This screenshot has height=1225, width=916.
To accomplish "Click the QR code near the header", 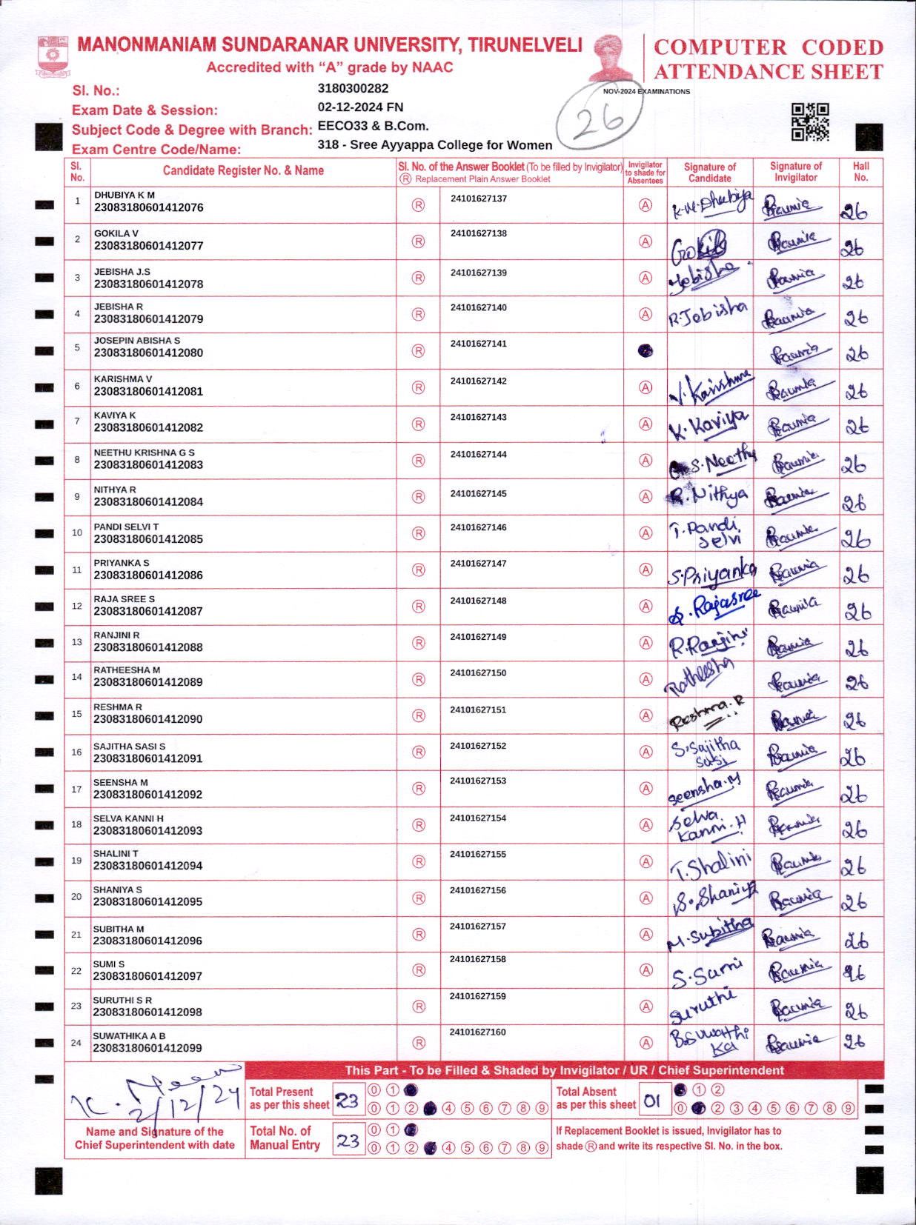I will [809, 121].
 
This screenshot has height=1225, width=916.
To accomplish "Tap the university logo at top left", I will [53, 57].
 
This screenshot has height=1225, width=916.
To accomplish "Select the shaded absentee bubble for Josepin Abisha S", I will [645, 350].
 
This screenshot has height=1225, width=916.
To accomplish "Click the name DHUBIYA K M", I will [124, 195].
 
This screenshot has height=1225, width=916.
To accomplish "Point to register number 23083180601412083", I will [148, 464].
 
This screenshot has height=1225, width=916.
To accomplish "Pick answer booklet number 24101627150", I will [478, 672].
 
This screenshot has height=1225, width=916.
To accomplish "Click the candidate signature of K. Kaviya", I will [708, 424].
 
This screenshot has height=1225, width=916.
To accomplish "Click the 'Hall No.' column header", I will [860, 171].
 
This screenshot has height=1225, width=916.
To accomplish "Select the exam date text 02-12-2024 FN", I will [360, 107].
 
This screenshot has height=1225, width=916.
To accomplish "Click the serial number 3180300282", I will [353, 88].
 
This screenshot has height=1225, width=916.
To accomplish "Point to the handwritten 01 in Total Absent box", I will [651, 1101].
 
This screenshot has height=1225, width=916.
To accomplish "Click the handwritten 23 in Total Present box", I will [348, 1101].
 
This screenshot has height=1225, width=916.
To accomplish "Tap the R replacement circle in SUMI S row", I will [419, 969].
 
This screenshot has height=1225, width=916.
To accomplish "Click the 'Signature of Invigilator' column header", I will [795, 171].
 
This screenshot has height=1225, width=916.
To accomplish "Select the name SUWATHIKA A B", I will [129, 1035].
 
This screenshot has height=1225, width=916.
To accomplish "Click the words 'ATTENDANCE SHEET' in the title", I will [768, 72].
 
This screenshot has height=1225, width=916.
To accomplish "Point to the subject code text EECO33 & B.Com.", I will [373, 126].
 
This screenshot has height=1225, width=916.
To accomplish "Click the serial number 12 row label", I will [77, 606].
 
